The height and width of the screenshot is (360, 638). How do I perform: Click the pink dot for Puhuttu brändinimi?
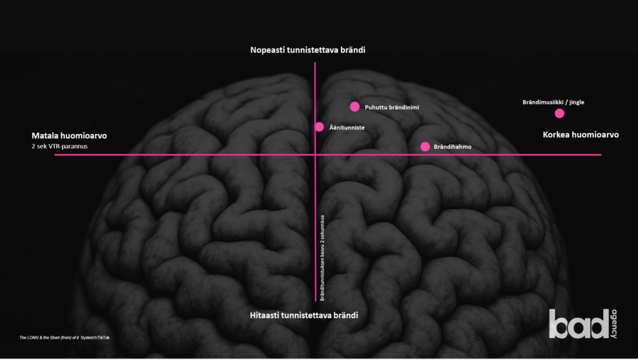coord(355,107)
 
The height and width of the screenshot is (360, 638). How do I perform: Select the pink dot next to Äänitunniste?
coord(319,127)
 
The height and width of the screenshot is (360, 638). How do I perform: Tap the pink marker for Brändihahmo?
coord(425,146)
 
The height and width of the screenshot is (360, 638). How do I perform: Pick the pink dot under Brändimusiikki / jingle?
coord(559,113)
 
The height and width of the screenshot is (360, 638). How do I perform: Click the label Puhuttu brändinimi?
coord(392,107)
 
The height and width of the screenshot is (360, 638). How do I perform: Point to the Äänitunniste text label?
coord(346,127)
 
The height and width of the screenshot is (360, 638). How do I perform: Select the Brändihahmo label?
coord(452,147)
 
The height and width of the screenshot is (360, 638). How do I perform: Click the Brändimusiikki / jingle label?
coord(553,102)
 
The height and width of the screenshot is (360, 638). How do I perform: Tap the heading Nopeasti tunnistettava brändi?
coord(308,50)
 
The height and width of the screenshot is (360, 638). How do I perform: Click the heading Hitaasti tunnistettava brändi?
coord(304,315)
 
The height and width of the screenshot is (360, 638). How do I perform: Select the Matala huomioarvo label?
coord(69,135)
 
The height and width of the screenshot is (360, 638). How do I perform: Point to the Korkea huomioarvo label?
coord(581,135)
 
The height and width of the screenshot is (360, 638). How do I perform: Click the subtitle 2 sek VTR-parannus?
coord(59,146)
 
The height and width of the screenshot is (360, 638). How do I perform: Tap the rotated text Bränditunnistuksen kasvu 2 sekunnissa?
coord(322,258)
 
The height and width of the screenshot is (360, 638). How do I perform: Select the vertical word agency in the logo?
coord(614,324)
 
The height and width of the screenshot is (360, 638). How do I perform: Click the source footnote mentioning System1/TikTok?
coord(64,338)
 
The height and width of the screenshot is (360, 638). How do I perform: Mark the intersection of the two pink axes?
coord(315,154)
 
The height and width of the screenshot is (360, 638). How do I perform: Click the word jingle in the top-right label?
coord(576,103)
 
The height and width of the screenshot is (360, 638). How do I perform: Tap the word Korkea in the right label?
coord(556,135)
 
